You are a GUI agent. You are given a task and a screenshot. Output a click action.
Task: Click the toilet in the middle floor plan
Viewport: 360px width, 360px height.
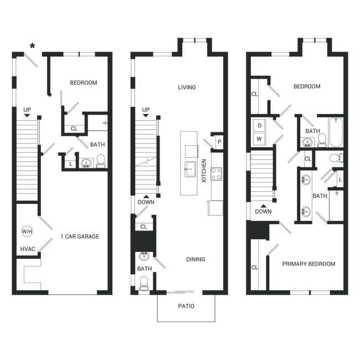click(x=144, y=284)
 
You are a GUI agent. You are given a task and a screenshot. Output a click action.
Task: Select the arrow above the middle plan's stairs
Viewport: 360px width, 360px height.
click(x=145, y=112)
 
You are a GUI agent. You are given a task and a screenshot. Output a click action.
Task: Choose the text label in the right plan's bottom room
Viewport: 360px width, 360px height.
click(x=309, y=263)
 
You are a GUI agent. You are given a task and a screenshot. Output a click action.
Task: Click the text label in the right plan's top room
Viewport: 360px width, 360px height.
click(x=307, y=87)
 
